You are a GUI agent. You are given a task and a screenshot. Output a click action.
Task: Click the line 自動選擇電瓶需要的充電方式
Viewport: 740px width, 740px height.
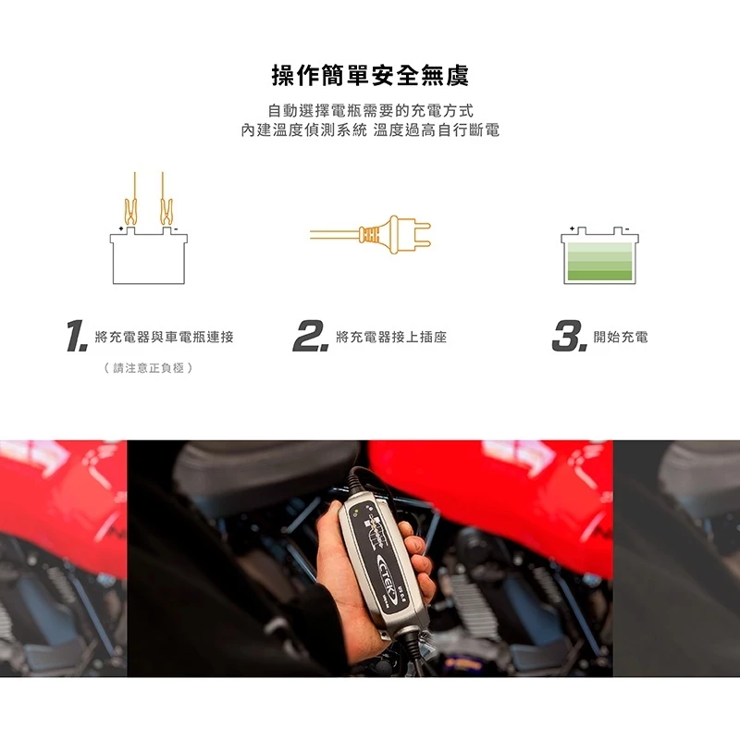point(370,111)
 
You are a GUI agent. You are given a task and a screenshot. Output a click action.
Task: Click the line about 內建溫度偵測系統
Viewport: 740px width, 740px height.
point(370,131)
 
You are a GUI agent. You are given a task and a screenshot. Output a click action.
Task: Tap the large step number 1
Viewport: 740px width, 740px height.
point(76,337)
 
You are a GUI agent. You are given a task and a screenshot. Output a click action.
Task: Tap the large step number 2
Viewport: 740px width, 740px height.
point(311,337)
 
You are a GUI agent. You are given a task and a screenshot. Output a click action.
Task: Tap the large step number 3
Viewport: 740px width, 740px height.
point(569,337)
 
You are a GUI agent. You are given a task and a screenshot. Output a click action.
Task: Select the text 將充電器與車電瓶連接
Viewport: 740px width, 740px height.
point(165,338)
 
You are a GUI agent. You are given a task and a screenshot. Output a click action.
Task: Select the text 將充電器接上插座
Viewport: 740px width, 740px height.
point(391,338)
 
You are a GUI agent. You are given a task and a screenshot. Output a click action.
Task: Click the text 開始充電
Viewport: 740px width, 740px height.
point(621,338)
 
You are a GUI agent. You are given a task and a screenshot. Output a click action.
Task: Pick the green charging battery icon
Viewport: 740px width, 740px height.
point(599,257)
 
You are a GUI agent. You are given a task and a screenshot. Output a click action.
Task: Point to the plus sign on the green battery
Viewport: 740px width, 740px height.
point(573,227)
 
